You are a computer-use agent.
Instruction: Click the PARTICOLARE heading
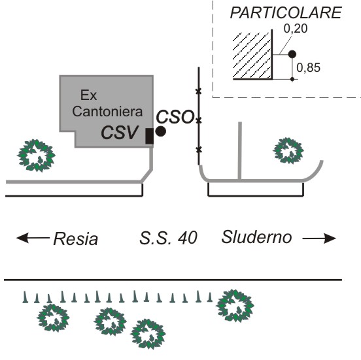coord(286,13)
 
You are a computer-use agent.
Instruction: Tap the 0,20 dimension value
coord(296,29)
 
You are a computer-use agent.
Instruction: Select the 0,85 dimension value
coord(308,68)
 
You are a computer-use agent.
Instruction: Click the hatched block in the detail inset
coord(252,55)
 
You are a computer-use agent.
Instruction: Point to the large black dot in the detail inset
coord(292,54)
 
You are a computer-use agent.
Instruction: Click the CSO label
coord(175,117)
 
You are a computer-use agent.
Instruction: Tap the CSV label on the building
coord(120,133)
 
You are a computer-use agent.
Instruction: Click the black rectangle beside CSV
coord(149,136)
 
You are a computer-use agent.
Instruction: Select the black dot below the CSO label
coord(161,131)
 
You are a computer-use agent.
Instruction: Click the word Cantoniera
coord(107,112)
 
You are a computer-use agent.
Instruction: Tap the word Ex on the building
coord(88,95)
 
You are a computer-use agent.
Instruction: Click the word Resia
coord(75,238)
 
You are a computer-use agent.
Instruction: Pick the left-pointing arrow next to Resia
coord(33,238)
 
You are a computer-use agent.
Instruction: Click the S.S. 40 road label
coord(168,238)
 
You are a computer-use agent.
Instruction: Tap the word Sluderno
coord(257,237)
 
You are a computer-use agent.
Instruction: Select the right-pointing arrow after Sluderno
coord(319,238)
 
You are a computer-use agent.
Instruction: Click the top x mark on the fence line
coord(198,91)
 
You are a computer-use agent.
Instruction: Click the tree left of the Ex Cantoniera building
coord(36,155)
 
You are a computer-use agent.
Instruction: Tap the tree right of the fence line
coord(288,151)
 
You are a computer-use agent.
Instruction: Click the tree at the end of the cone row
coord(235,306)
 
